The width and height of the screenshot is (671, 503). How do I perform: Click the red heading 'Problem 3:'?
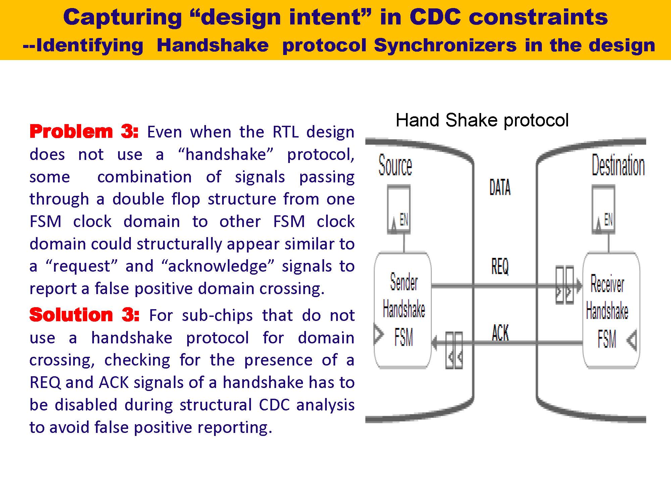tap(84, 131)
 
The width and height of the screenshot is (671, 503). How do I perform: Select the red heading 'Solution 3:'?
tap(84, 315)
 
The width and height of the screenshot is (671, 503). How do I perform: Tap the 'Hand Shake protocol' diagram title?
tap(482, 120)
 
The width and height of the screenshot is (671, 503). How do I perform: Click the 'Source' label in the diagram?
tap(395, 165)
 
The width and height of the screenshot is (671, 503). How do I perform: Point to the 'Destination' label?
tap(618, 165)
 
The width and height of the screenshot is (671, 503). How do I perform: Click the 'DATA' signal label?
tap(500, 187)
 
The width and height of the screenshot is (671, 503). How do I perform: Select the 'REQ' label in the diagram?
tap(500, 267)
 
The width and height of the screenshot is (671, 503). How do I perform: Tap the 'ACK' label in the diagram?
tap(500, 333)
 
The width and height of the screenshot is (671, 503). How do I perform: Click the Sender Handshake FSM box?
tap(403, 310)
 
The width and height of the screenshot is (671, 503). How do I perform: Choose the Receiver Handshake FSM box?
tap(611, 310)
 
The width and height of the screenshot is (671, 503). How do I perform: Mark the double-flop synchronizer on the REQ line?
tap(565, 285)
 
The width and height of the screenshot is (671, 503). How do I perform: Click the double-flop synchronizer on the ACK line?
tap(454, 350)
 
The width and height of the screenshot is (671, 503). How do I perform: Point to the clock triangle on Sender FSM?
tap(379, 334)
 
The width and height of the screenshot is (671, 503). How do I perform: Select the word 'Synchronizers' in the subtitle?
tap(445, 45)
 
